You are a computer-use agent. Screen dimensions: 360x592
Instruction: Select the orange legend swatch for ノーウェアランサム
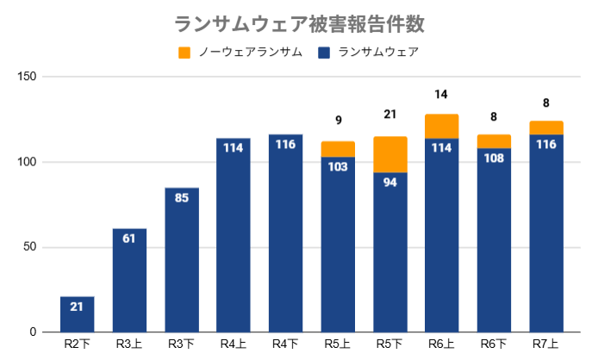pos(184,53)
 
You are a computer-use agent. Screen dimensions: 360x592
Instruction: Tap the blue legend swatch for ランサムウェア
pos(325,53)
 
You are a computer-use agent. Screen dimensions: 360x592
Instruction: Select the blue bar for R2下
pos(77,315)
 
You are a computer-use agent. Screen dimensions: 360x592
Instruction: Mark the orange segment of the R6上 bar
pos(442,127)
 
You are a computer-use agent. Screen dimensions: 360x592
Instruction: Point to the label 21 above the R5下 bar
pos(389,115)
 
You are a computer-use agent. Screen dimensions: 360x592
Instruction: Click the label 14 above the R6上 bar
pos(442,94)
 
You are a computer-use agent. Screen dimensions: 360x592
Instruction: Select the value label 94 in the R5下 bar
pos(390,182)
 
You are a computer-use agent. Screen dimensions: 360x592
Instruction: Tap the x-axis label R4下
pos(285,344)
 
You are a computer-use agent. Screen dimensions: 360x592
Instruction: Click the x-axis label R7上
pos(546,344)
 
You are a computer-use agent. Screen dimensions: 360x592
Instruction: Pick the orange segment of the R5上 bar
pos(338,149)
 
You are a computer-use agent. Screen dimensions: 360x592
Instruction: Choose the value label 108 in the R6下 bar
pos(494,158)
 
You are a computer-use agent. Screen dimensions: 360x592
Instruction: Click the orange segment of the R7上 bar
pos(546,127)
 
